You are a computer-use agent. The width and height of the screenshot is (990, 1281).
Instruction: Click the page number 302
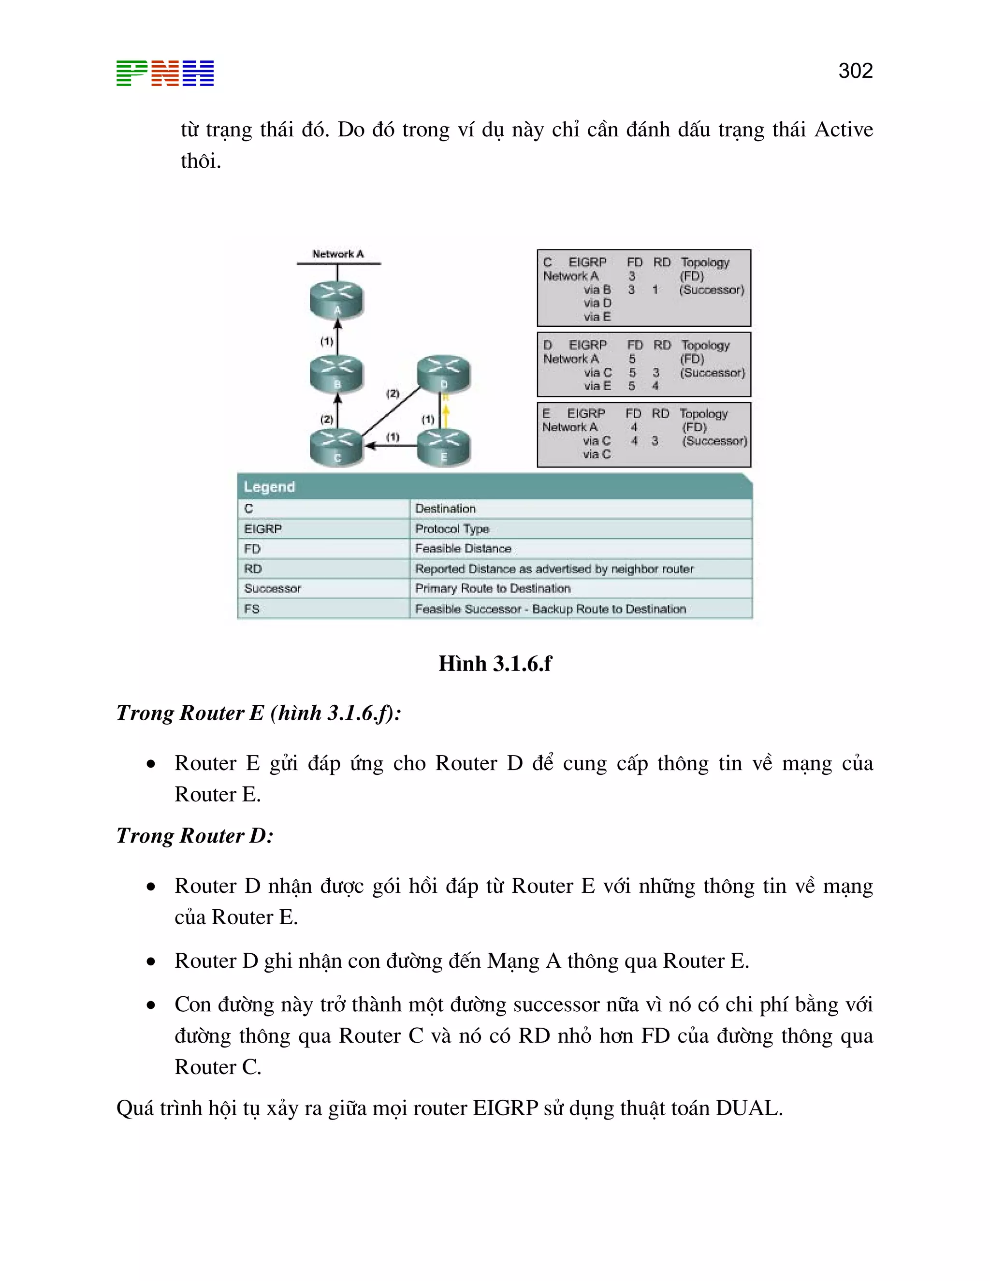[855, 71]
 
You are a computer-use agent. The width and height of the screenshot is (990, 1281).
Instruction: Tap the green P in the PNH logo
[131, 73]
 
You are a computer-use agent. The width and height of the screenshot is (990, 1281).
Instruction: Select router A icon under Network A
[336, 300]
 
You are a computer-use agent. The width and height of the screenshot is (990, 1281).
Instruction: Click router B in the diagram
[336, 374]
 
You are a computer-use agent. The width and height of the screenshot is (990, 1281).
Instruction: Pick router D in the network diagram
[443, 374]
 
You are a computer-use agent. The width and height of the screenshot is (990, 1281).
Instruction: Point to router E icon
[443, 447]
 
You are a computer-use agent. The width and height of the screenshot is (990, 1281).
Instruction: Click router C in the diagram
[336, 447]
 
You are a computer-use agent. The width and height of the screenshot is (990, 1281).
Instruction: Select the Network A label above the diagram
[338, 254]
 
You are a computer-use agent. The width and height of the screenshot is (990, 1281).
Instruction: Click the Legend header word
[269, 487]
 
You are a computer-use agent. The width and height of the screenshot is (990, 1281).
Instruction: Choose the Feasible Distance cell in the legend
[463, 549]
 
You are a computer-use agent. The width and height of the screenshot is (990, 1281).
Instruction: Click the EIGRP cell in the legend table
[263, 529]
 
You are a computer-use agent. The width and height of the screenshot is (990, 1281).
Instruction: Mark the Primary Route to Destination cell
[492, 588]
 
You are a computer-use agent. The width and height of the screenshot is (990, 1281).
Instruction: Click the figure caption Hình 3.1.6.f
[495, 663]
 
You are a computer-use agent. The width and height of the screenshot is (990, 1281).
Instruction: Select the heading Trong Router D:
[195, 835]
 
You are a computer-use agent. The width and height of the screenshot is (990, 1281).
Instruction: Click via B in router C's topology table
[597, 290]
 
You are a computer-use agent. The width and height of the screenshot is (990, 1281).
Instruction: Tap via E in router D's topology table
[597, 386]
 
